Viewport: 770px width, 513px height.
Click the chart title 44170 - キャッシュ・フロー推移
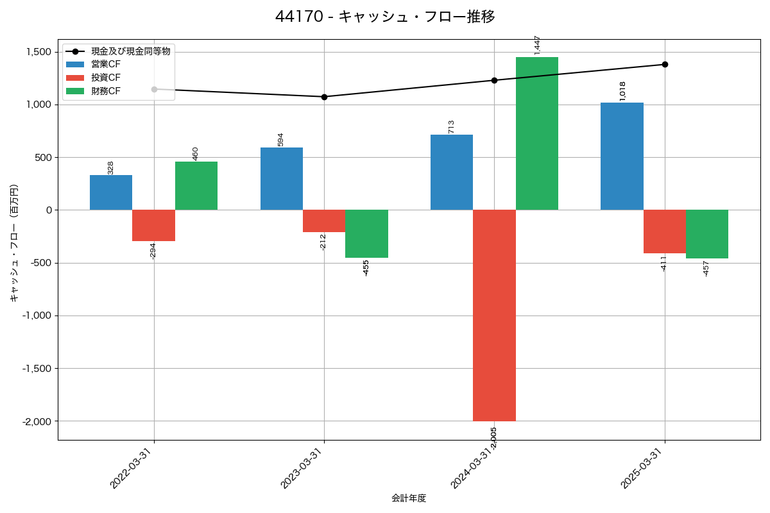(x=385, y=17)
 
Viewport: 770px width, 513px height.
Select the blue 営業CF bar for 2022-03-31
(x=111, y=192)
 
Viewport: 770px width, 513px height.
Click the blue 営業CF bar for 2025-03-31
(x=622, y=156)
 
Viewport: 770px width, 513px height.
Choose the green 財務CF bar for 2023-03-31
(x=366, y=234)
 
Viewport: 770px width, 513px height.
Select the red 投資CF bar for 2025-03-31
(x=664, y=231)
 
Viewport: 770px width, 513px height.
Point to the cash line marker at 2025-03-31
(x=665, y=64)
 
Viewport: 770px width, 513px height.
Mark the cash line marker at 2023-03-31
(x=324, y=97)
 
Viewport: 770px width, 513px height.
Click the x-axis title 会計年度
(x=409, y=498)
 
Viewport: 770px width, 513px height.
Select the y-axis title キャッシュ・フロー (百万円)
(x=14, y=243)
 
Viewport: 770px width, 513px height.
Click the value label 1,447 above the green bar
(x=537, y=45)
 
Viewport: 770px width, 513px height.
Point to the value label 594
(x=281, y=139)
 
